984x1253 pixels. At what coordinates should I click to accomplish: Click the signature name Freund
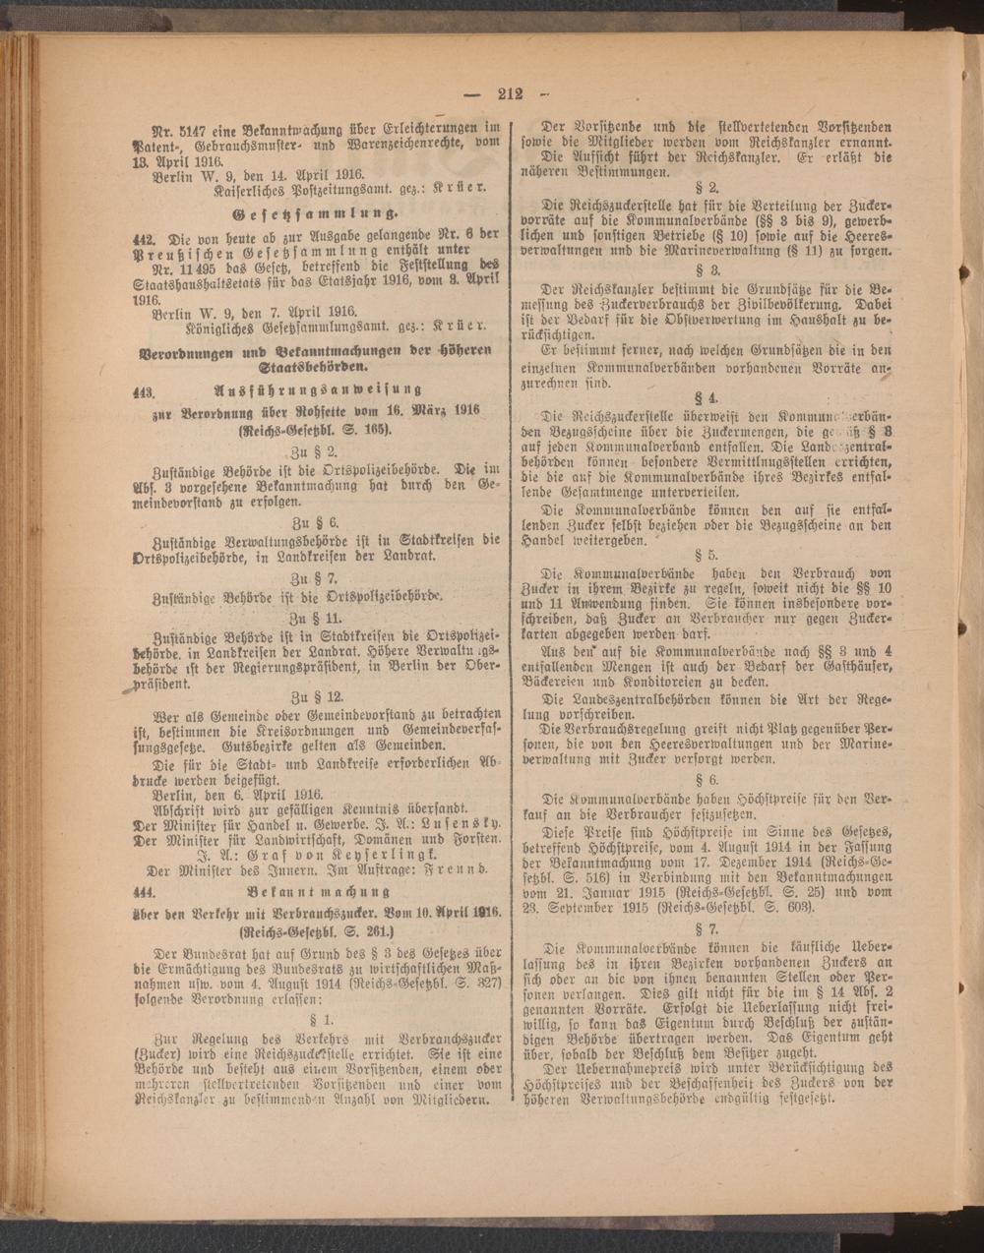point(460,870)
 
